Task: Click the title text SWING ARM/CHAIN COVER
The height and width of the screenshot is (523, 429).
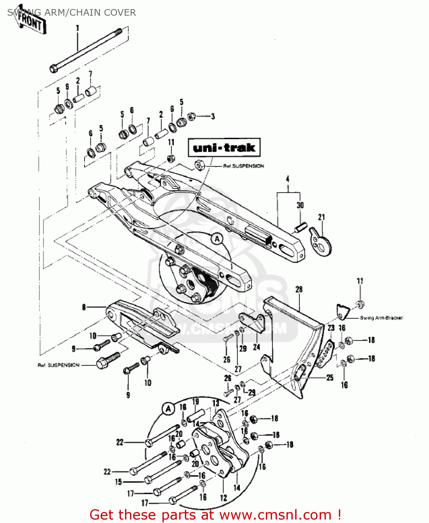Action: pyautogui.click(x=72, y=13)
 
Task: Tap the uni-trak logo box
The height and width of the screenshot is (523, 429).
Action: pyautogui.click(x=224, y=147)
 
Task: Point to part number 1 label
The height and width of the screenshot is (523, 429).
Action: pyautogui.click(x=78, y=28)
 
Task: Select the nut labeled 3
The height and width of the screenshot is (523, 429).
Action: pyautogui.click(x=191, y=116)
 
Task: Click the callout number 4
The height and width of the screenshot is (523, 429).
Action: pyautogui.click(x=288, y=179)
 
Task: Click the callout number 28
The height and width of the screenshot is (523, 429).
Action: pyautogui.click(x=299, y=289)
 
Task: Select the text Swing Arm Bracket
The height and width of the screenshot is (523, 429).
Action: pyautogui.click(x=381, y=318)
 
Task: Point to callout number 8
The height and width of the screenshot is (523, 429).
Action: pyautogui.click(x=84, y=307)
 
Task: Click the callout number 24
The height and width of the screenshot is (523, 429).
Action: pyautogui.click(x=256, y=347)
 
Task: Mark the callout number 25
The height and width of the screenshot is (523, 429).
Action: pyautogui.click(x=330, y=378)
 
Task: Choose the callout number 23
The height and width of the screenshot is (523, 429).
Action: pyautogui.click(x=331, y=328)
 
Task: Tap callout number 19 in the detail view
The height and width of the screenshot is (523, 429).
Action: pyautogui.click(x=196, y=402)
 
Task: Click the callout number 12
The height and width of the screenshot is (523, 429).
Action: pyautogui.click(x=224, y=498)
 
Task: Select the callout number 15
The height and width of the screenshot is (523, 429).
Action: pyautogui.click(x=118, y=482)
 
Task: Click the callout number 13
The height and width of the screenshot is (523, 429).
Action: pyautogui.click(x=216, y=403)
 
